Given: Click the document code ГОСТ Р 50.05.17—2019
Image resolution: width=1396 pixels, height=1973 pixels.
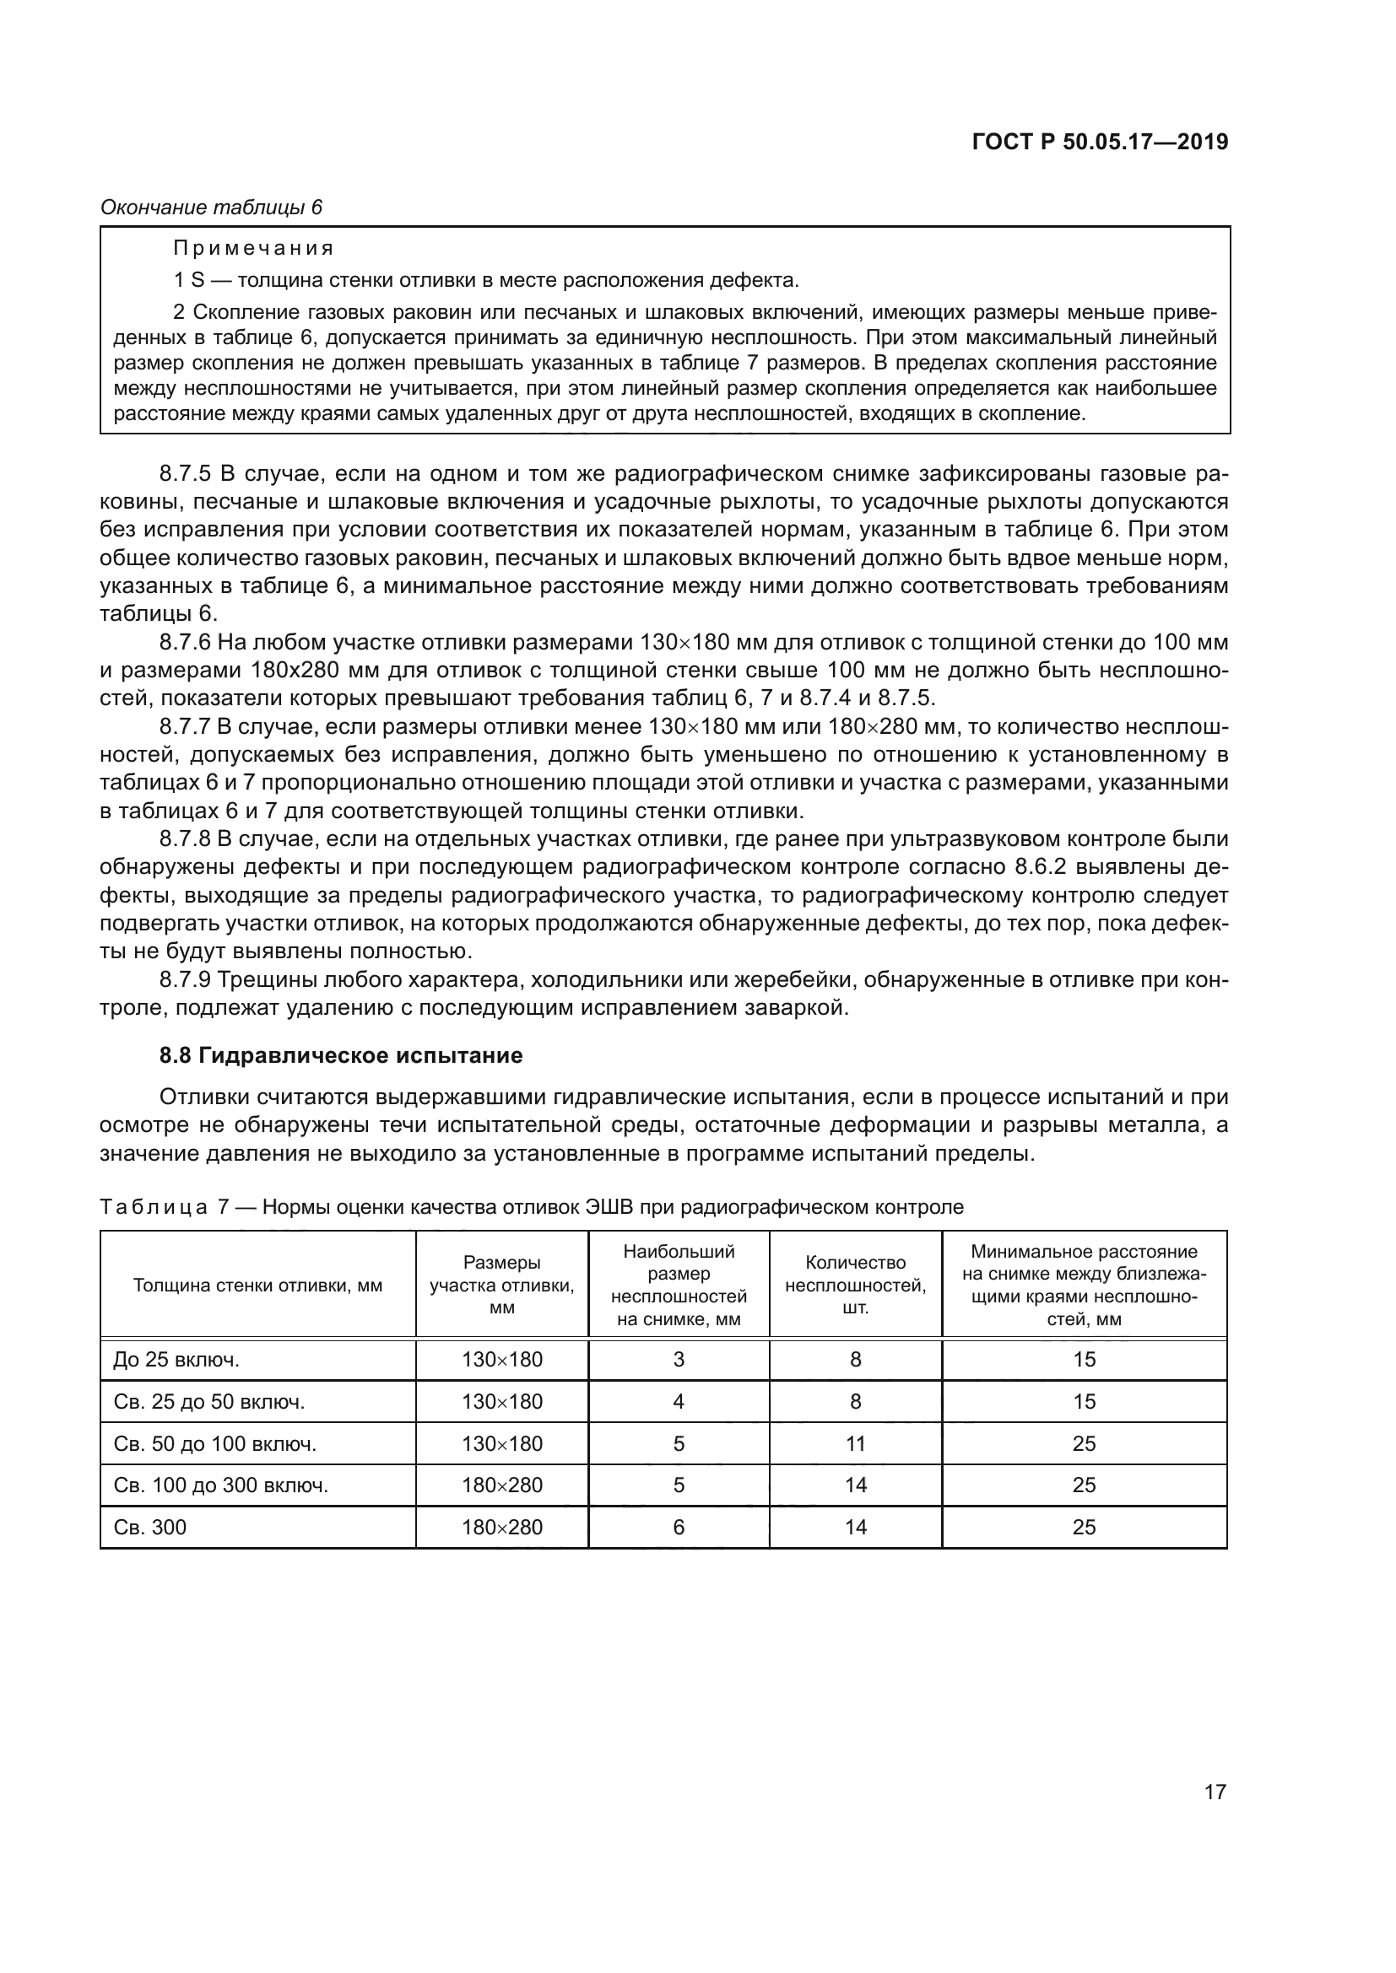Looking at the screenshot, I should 1100,143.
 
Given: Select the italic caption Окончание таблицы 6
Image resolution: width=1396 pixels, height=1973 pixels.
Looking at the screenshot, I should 211,208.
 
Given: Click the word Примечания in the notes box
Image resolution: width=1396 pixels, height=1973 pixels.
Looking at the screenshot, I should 253,249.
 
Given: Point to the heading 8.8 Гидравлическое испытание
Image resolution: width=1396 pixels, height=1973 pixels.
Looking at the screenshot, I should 341,1055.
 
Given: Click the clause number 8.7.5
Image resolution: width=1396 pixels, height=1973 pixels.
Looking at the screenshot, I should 185,473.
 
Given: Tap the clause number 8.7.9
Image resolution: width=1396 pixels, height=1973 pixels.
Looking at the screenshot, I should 185,979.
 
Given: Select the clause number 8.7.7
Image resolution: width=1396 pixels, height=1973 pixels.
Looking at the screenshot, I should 185,727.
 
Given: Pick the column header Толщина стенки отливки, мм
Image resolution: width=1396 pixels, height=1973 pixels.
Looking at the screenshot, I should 258,1286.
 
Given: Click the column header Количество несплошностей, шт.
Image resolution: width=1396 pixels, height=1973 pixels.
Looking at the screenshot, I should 855,1286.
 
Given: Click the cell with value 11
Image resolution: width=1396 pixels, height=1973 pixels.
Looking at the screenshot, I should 855,1443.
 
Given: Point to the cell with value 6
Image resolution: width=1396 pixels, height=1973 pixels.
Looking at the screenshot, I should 679,1527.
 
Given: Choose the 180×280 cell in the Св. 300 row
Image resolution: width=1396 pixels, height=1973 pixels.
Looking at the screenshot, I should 502,1527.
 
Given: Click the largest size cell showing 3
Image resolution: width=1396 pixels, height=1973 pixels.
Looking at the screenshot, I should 679,1360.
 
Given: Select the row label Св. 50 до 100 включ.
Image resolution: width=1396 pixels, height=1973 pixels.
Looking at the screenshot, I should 215,1443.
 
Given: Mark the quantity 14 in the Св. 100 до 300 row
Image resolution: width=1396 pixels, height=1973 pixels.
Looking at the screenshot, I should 855,1485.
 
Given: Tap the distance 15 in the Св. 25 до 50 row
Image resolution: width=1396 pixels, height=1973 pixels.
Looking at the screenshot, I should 1084,1402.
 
